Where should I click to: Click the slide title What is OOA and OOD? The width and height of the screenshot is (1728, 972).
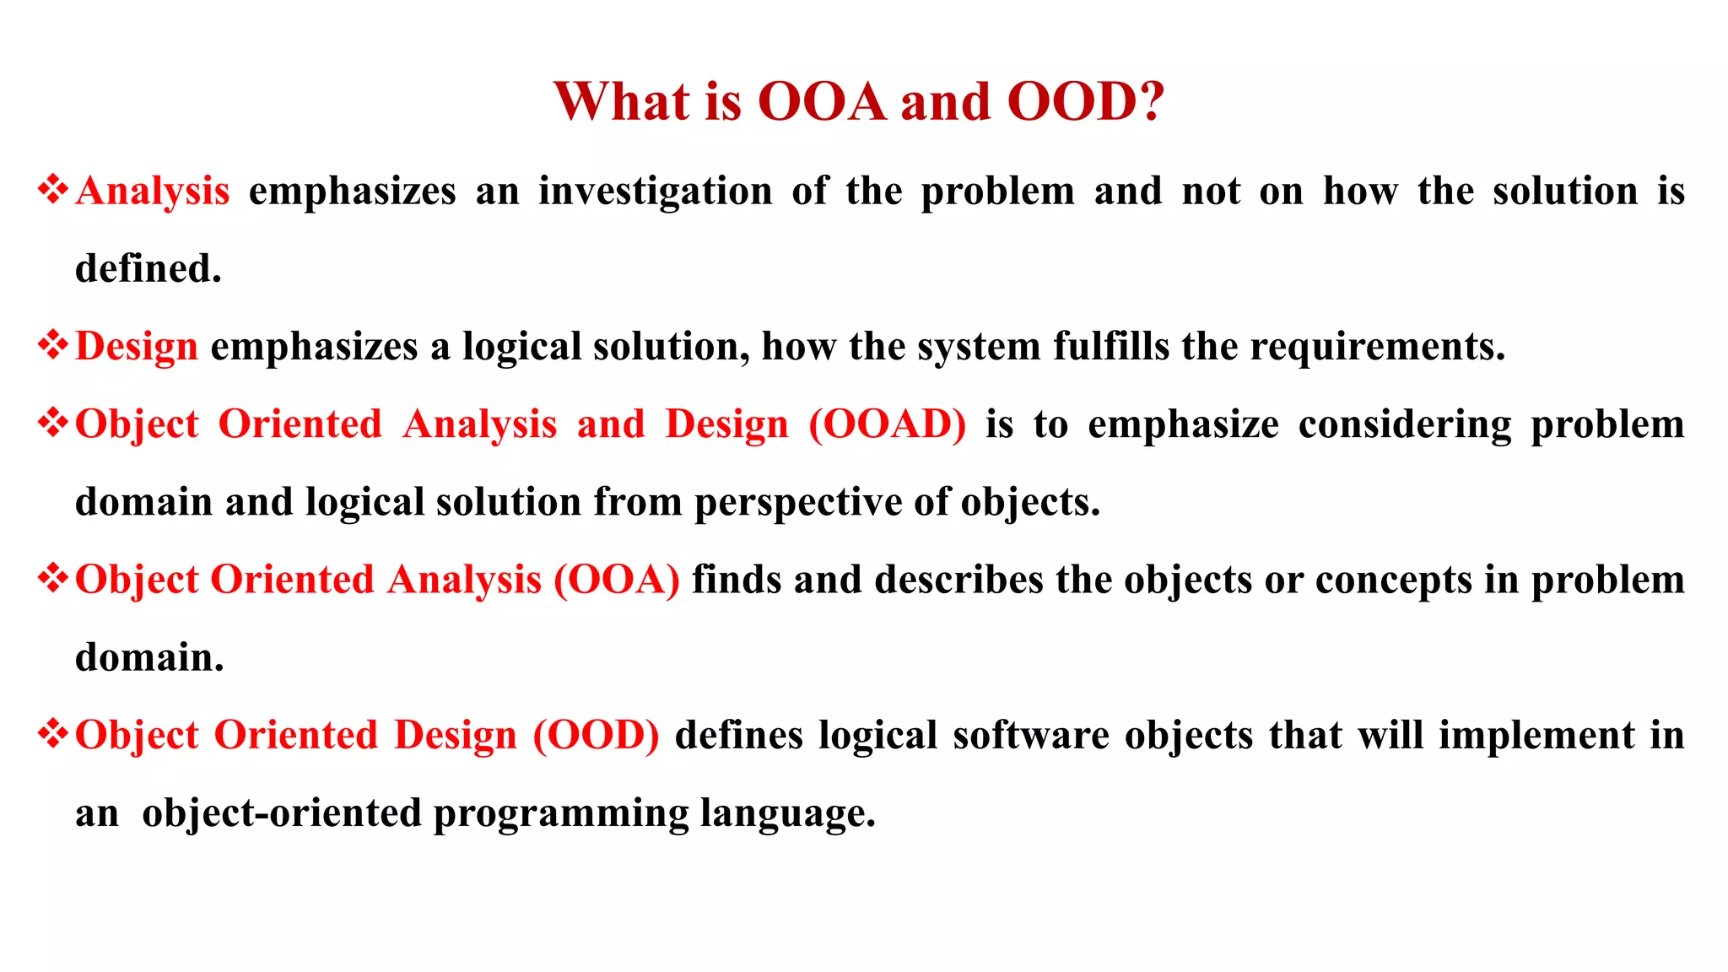(859, 102)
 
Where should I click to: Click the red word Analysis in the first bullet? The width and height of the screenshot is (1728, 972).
(153, 192)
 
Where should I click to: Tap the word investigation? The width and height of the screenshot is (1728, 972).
(656, 192)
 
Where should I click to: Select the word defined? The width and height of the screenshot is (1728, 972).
(148, 269)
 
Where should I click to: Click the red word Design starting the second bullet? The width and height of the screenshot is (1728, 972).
(137, 347)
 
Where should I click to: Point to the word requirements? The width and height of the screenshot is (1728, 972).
(1377, 347)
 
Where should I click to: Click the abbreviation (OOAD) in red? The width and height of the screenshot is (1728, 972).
(888, 424)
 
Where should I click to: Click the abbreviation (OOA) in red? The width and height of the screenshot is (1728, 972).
(617, 580)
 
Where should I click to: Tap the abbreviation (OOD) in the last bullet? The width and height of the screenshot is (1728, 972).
(597, 735)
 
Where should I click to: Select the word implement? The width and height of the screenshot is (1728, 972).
(1536, 735)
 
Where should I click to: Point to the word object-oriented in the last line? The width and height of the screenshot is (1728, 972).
(282, 813)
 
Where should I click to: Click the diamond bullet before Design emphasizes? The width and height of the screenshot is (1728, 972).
(53, 345)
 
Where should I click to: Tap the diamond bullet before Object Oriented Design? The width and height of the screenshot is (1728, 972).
(53, 733)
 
